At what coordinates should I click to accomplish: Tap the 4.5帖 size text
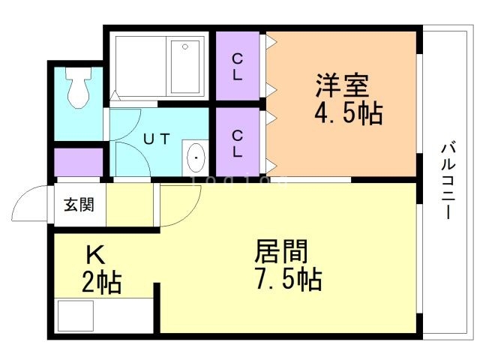click(349, 114)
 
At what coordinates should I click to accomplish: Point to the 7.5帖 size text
click(288, 279)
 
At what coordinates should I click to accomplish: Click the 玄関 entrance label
click(78, 205)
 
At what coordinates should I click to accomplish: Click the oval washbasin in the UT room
click(196, 158)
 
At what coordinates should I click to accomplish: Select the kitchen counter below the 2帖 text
click(103, 315)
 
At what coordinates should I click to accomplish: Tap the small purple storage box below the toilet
click(78, 163)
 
